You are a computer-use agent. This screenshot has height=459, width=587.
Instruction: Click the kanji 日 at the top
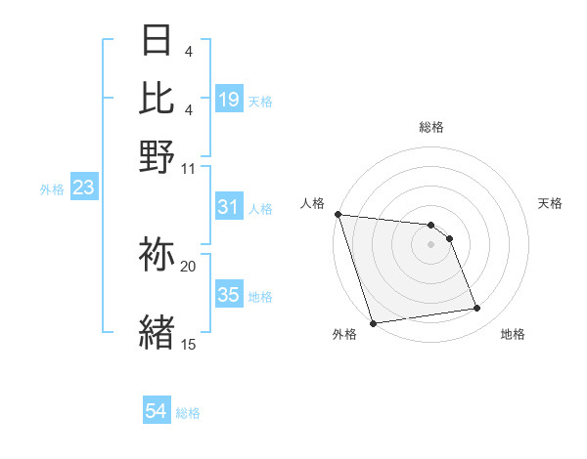click(157, 42)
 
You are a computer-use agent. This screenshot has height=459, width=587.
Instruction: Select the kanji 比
click(157, 99)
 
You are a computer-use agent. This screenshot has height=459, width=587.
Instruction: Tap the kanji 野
click(157, 157)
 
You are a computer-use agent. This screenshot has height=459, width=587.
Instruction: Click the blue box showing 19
click(229, 100)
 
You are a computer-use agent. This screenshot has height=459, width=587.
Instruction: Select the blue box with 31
click(229, 207)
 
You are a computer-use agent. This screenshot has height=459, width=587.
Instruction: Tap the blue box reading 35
click(229, 295)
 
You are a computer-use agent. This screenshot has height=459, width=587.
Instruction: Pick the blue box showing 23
click(83, 188)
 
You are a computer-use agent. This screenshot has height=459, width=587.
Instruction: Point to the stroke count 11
click(189, 168)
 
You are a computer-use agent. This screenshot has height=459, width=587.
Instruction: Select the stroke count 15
click(189, 344)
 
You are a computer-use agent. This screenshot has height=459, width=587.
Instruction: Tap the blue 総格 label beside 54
click(188, 413)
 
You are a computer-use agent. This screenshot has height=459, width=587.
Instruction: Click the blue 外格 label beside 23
click(52, 188)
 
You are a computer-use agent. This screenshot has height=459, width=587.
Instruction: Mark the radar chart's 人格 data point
click(338, 214)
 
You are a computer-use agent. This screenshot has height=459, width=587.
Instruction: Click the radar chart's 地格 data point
click(477, 309)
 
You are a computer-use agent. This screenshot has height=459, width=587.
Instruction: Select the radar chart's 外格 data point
click(373, 322)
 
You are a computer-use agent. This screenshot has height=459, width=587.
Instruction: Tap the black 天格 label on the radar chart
click(550, 203)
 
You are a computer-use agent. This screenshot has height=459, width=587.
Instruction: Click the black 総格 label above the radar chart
click(430, 127)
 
